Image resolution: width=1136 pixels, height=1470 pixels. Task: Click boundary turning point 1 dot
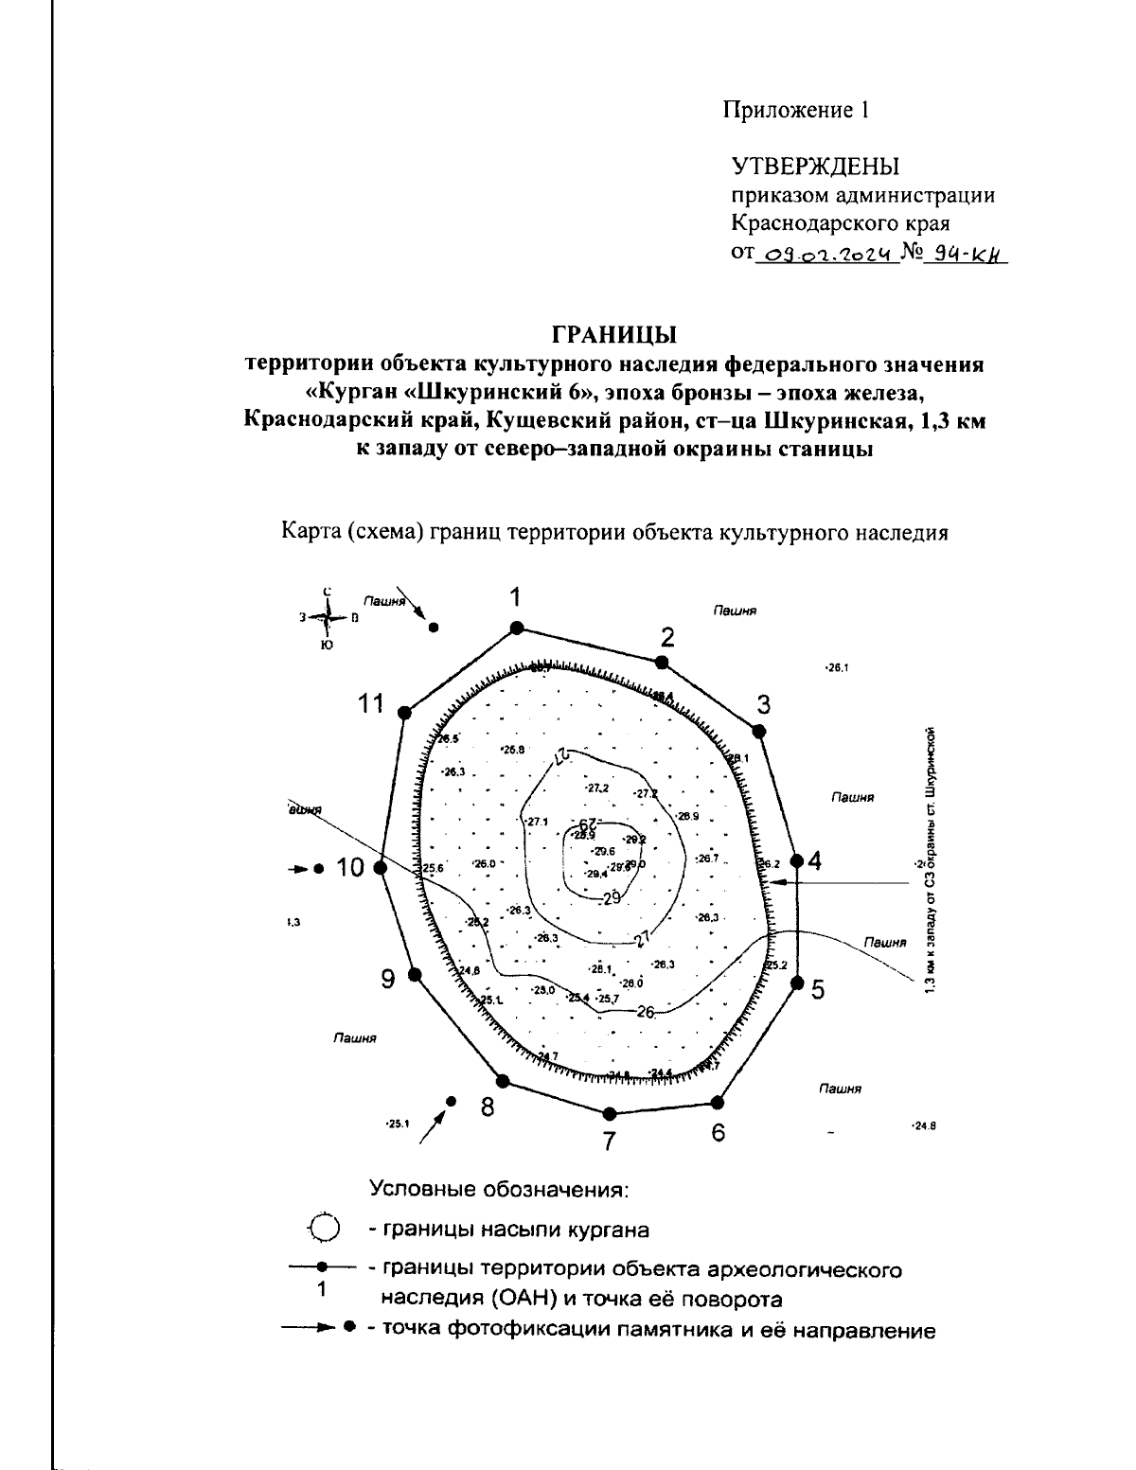coord(516,628)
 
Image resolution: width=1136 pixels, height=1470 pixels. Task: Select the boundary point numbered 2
coord(663,662)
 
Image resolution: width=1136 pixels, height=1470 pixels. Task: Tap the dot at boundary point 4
coord(796,861)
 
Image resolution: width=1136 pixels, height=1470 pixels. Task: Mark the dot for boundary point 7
coord(610,1113)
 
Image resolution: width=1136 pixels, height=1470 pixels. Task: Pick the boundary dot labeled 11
coord(405,713)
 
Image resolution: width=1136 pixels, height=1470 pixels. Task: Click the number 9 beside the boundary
coord(388,979)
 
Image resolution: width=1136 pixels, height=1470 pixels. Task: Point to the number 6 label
coord(719,1132)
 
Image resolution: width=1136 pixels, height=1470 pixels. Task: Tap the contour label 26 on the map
coord(646,1011)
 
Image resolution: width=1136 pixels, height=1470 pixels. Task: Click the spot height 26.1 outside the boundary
coord(836,667)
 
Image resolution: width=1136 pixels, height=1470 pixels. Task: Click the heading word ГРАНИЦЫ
coord(614,335)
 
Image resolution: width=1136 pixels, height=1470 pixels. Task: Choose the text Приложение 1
coord(796,110)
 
